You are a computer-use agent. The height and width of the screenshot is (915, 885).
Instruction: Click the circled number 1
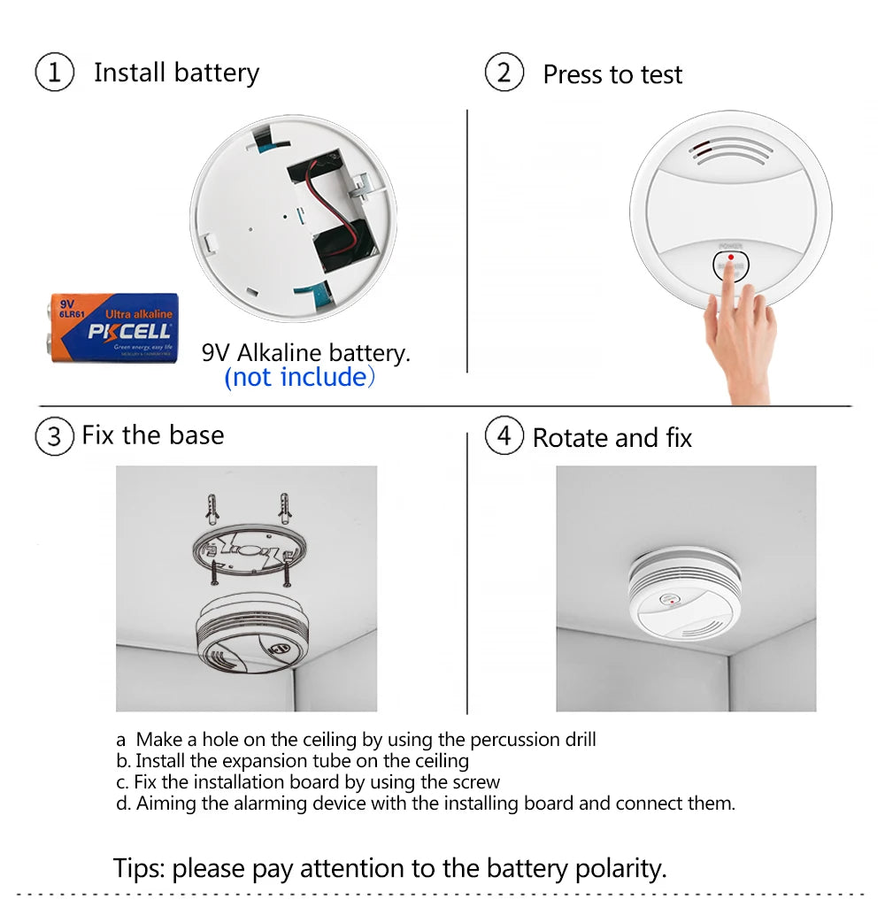(x=54, y=73)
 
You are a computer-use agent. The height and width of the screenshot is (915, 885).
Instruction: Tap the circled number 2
(x=504, y=73)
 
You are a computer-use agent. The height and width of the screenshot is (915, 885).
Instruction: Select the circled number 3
(x=54, y=436)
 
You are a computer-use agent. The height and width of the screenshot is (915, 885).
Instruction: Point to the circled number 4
(x=504, y=436)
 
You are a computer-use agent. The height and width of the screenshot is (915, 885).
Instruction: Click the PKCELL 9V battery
(x=113, y=327)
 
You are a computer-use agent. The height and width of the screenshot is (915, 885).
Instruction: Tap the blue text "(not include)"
(x=300, y=378)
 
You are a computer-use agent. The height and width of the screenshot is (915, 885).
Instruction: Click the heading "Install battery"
(x=176, y=73)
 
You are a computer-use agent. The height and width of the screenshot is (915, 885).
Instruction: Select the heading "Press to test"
(x=612, y=75)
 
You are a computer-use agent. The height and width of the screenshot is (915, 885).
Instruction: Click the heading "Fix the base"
(x=153, y=435)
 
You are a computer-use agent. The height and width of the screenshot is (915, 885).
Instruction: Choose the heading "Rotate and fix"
(x=612, y=438)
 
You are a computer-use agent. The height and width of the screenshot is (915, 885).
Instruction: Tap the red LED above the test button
(x=730, y=257)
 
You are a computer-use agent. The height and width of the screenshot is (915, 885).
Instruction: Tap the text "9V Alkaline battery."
(x=306, y=353)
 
